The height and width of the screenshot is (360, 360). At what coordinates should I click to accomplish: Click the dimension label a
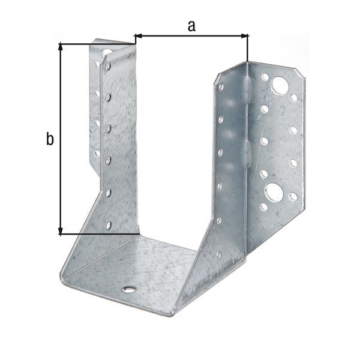tap(191, 25)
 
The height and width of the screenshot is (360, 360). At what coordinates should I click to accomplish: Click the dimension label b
tap(50, 140)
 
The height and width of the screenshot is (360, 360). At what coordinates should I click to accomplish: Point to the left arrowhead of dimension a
tap(138, 35)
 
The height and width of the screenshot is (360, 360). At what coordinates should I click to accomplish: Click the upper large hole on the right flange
tap(279, 85)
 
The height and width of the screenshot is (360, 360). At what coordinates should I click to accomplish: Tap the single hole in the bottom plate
tap(128, 289)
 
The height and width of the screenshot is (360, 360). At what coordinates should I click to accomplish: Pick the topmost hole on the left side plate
tap(107, 67)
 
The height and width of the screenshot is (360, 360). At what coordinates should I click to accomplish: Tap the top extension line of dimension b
tap(96, 43)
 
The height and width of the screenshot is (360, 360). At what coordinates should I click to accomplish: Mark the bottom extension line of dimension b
tap(102, 233)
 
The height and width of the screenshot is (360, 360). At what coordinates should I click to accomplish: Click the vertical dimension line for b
tap(61, 138)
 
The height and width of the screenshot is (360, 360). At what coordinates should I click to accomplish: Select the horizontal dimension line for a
tap(191, 36)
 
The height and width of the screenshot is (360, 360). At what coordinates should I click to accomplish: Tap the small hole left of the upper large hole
tap(265, 77)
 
